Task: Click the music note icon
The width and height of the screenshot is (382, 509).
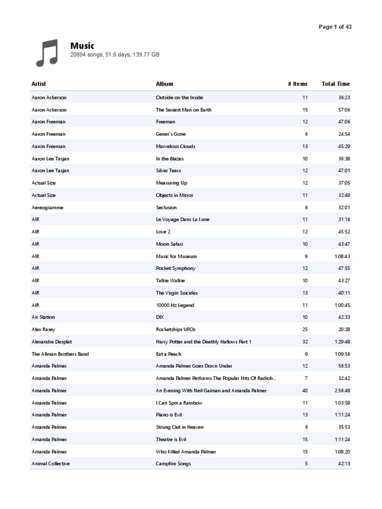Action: [47, 53]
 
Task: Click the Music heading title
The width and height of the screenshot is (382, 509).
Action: [82, 46]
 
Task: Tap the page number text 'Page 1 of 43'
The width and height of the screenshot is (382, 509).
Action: [335, 27]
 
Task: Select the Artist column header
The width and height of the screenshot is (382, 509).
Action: [39, 84]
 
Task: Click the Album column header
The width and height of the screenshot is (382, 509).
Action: [164, 84]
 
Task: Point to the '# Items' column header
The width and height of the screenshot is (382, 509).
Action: [297, 84]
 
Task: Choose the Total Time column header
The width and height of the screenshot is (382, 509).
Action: [336, 84]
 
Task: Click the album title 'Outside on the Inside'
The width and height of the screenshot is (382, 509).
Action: [180, 97]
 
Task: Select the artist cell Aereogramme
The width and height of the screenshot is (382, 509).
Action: [47, 207]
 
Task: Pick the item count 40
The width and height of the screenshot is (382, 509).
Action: [305, 391]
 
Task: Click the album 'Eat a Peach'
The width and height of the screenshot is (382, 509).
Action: [169, 354]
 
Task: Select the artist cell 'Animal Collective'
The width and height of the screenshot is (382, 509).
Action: [51, 464]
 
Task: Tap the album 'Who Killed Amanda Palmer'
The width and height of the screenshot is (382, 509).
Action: [186, 452]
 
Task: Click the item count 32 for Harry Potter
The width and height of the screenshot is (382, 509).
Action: [305, 342]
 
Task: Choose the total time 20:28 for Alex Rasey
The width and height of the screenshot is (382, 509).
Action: [343, 330]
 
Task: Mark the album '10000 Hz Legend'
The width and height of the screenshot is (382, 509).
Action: [175, 305]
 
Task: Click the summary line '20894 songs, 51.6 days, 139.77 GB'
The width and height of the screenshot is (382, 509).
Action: [115, 55]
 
